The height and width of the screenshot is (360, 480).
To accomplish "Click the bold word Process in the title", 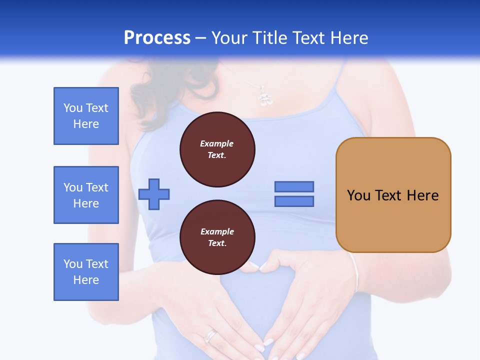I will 157,38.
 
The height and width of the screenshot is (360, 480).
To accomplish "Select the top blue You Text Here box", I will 86,116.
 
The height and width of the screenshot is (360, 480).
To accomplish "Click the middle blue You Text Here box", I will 86,195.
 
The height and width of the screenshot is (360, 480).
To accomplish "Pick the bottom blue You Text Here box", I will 86,272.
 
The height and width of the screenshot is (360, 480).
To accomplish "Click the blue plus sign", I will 154,194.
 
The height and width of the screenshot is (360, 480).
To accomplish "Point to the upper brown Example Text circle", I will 217,149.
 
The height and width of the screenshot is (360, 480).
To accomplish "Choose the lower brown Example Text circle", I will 217,237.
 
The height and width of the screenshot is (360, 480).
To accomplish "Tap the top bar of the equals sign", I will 294,186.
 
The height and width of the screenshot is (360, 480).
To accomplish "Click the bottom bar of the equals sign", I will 294,201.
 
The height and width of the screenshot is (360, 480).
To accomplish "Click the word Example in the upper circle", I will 217,143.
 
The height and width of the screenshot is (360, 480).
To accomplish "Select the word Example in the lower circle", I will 217,231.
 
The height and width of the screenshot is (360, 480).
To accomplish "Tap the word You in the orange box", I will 358,195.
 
